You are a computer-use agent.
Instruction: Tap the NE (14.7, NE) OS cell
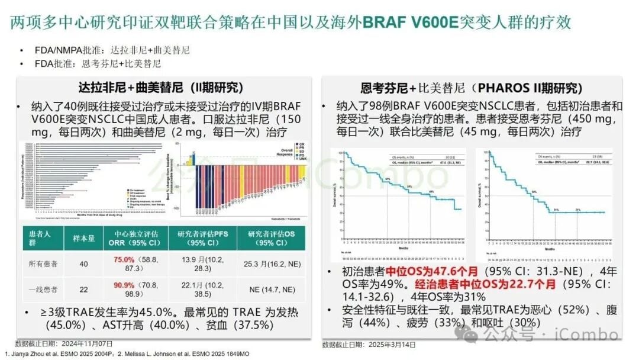pyautogui.click(x=271, y=290)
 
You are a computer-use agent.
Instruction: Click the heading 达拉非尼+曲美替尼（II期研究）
pyautogui.click(x=161, y=88)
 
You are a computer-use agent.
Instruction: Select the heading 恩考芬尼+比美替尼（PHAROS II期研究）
pyautogui.click(x=472, y=88)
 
